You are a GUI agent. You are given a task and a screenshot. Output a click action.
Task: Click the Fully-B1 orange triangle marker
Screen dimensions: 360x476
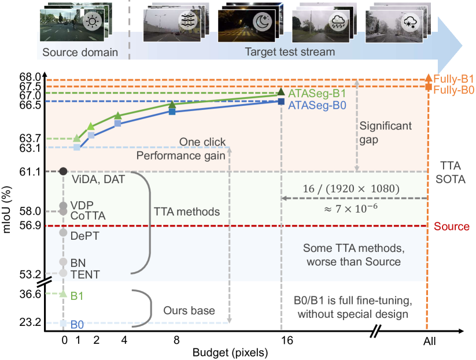[428, 77]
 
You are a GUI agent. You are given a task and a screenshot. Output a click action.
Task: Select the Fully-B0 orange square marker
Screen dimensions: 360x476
[428, 87]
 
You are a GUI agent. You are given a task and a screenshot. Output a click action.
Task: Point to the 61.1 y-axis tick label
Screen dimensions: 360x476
[31, 172]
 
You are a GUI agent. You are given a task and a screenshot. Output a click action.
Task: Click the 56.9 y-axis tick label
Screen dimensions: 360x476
[31, 225]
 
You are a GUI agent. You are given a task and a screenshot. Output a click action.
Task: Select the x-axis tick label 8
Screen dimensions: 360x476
[172, 342]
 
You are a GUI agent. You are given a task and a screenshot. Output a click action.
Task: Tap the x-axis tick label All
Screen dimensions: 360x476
[429, 342]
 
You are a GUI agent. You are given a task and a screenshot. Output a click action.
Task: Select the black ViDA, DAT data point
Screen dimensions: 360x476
[64, 171]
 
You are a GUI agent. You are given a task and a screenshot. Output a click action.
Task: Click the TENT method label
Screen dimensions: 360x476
[84, 274]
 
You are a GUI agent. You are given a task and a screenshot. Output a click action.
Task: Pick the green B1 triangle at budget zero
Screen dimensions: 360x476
[64, 294]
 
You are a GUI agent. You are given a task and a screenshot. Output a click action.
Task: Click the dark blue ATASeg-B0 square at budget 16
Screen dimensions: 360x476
[282, 101]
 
